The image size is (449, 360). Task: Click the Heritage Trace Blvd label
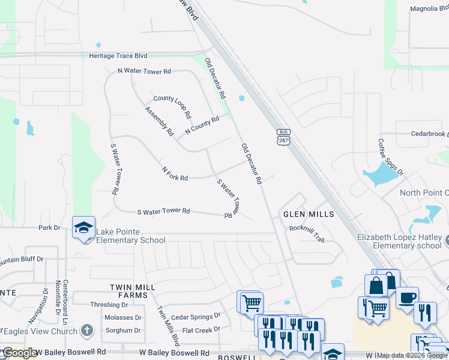[123, 56]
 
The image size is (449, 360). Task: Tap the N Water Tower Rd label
[144, 71]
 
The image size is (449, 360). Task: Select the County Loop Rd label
[172, 107]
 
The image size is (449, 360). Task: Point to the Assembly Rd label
[159, 121]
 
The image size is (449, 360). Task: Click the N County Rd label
[202, 125]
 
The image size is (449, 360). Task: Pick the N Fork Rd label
[175, 175]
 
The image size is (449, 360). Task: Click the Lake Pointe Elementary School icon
[83, 227]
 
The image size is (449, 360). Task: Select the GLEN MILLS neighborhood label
[308, 214]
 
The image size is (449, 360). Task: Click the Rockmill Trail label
[307, 233]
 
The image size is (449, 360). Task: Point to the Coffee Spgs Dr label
[391, 157]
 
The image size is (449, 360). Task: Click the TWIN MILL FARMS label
[128, 292]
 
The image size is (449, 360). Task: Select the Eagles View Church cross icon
[87, 330]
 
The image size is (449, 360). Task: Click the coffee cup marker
[407, 298]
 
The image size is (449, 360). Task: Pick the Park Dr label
[50, 228]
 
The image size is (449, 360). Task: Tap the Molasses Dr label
[122, 317]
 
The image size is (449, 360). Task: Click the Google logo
[19, 353]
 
